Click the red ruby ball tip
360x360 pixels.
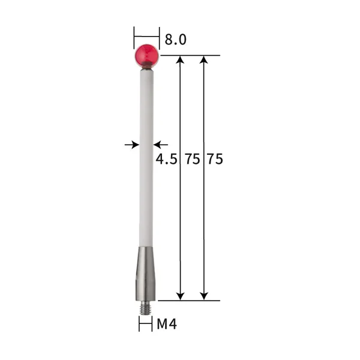(x=146, y=55)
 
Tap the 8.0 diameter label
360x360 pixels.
(x=176, y=40)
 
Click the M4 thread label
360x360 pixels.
(x=167, y=325)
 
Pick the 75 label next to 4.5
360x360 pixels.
(x=193, y=160)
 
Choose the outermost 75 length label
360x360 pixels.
(x=214, y=160)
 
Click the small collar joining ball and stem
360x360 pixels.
(x=146, y=70)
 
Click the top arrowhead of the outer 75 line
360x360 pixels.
(x=204, y=59)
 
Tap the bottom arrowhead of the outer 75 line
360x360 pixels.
(x=204, y=296)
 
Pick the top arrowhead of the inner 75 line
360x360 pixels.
(x=181, y=59)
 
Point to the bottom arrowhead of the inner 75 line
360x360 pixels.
(x=181, y=296)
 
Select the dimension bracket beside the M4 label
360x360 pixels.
(x=145, y=325)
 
